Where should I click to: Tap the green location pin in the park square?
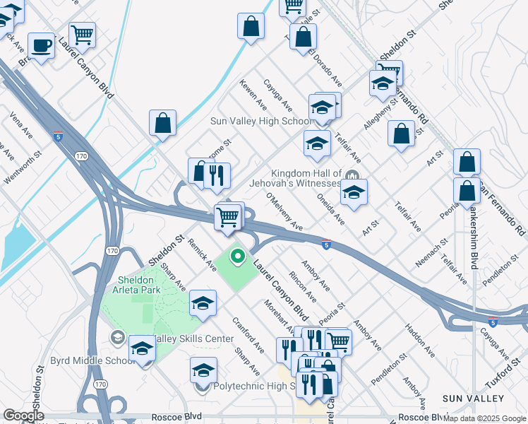coord(238,257)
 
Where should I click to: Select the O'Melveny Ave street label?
coord(284,213)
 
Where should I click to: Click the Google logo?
coord(23,416)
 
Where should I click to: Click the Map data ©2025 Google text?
coord(484,418)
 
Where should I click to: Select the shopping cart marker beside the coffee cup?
coord(83,34)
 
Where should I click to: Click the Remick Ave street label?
coord(202,254)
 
